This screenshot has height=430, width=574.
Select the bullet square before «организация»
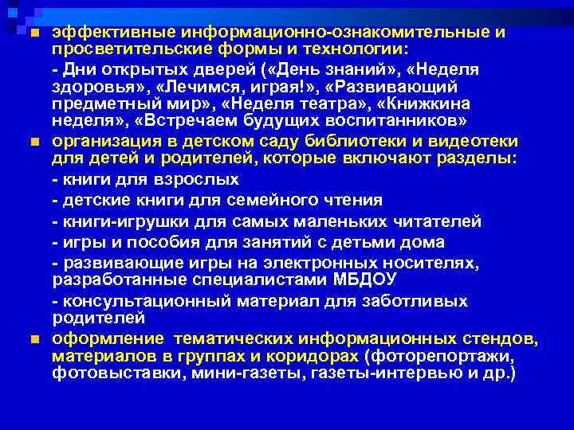pos(33,142)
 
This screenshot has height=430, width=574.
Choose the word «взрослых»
pos(180,181)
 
